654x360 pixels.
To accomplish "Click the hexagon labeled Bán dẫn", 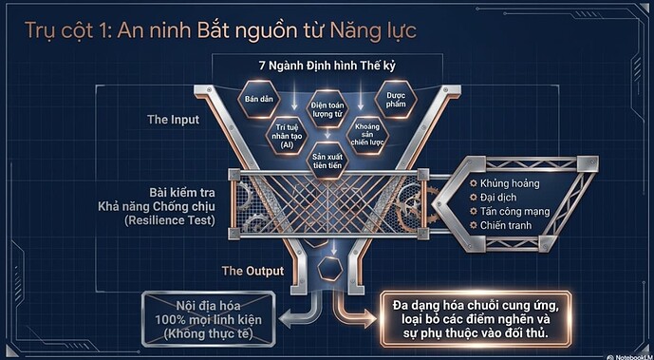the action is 259,100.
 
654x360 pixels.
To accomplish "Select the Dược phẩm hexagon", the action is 396,100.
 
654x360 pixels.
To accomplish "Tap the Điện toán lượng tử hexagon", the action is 327,109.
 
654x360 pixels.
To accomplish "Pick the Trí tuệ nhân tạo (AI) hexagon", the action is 288,136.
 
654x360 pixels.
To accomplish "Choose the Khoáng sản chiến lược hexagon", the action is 367,136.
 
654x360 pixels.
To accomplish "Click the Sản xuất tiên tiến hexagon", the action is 327,161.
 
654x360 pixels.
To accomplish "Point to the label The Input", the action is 173,120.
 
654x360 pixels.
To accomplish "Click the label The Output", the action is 252,271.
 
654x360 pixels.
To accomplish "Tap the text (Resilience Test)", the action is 170,220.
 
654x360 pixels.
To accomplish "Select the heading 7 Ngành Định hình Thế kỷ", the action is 327,66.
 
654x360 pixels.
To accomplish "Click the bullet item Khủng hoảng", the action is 505,183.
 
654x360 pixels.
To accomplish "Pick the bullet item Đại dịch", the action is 493,198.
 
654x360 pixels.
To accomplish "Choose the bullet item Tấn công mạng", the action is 510,212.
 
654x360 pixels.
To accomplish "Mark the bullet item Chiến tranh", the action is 500,225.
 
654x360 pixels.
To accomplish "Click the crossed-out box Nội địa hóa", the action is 208,319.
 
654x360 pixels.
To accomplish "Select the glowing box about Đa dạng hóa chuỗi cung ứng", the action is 476,319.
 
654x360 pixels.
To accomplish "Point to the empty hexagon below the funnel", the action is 330,268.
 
